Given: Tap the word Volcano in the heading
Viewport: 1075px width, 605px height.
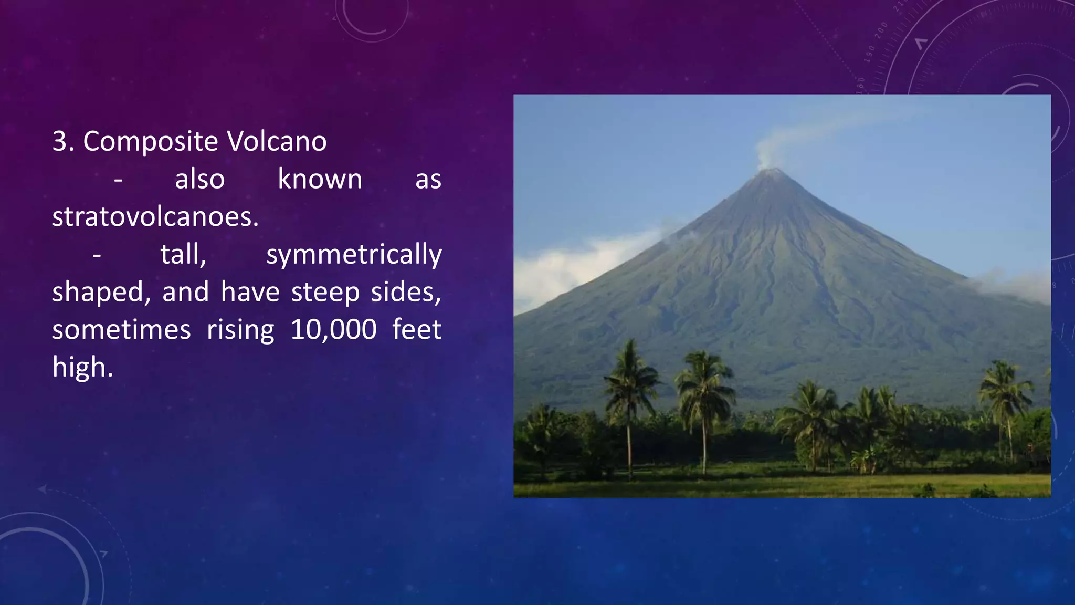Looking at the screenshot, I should click(x=277, y=142).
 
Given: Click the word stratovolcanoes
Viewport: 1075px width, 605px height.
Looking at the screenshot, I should click(x=155, y=216).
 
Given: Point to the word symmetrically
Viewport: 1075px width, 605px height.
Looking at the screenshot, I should click(x=354, y=255).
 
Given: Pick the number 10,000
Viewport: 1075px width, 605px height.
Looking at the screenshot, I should click(x=333, y=330).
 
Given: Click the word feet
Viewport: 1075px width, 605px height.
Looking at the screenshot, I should click(x=417, y=329).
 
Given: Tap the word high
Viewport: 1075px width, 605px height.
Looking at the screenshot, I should click(x=82, y=368).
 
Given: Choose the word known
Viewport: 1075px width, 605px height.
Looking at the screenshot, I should click(x=320, y=179).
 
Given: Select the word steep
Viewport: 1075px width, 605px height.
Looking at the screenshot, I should click(x=325, y=292).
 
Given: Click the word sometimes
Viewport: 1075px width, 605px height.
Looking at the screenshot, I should click(x=121, y=330).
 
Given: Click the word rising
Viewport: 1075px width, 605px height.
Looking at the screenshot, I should click(x=240, y=330).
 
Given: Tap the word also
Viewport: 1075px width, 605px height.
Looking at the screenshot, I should click(x=199, y=179).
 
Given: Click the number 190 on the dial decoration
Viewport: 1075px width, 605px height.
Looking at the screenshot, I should click(x=870, y=54).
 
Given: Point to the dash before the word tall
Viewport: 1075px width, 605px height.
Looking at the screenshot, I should click(x=97, y=256).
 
